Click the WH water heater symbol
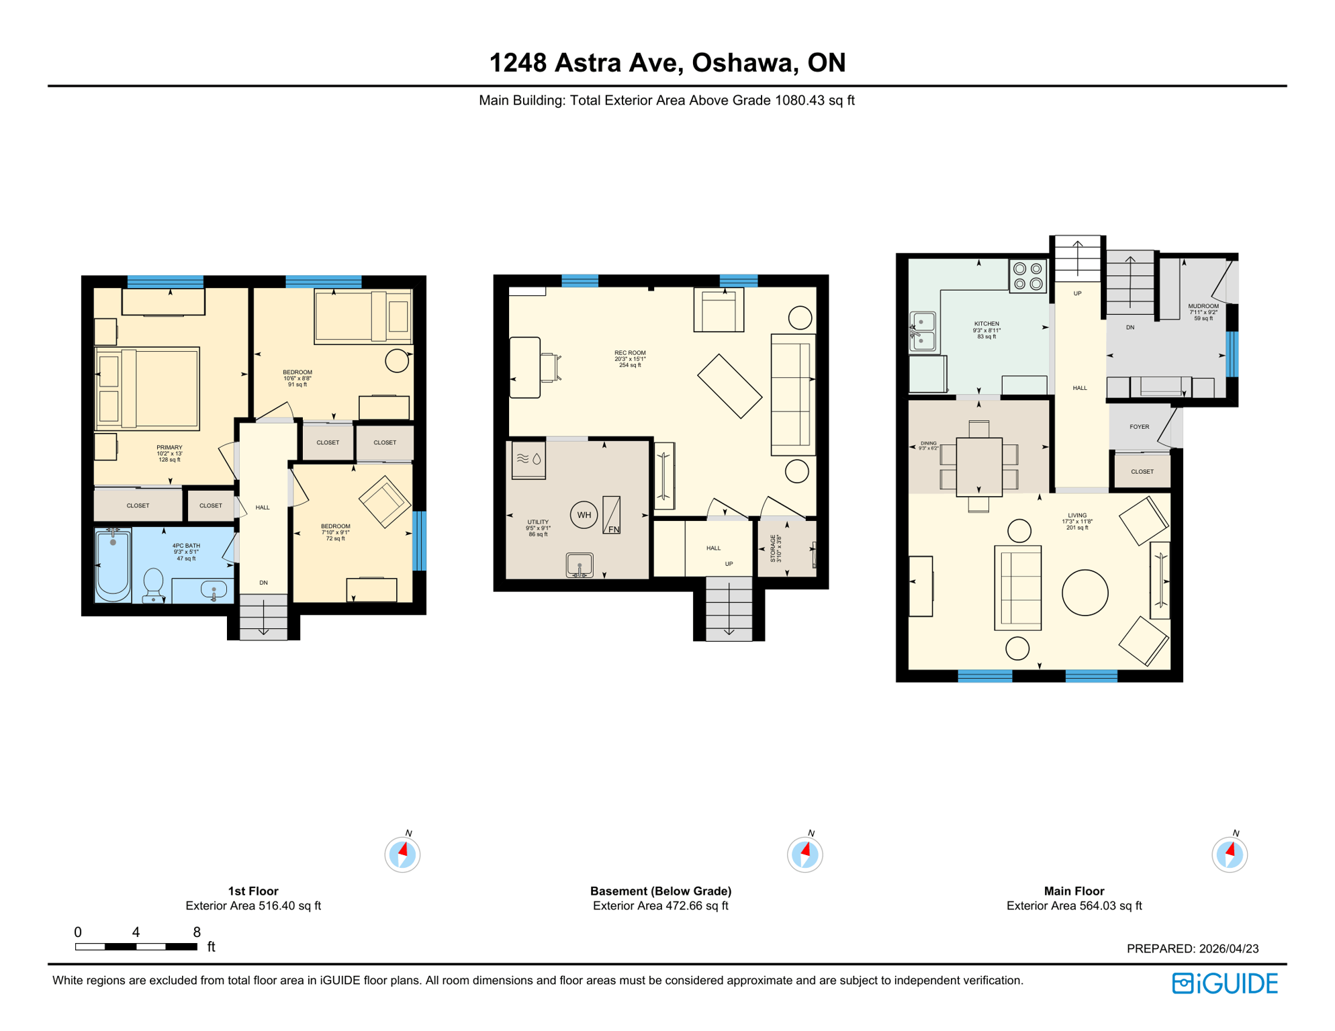click(x=584, y=515)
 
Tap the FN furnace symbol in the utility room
click(x=612, y=515)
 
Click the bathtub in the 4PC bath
click(x=113, y=564)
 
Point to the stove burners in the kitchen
click(x=1028, y=276)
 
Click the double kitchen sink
click(x=923, y=332)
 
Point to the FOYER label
click(x=1140, y=427)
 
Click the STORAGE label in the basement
click(x=774, y=548)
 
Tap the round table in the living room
click(x=1085, y=593)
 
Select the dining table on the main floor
click(x=979, y=467)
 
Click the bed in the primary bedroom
click(x=148, y=389)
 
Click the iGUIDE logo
click(x=1226, y=983)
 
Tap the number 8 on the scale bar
click(x=197, y=932)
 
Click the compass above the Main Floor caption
click(x=1230, y=854)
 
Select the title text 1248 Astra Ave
click(x=667, y=62)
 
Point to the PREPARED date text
click(x=1193, y=948)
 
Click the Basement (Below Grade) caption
click(x=661, y=891)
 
